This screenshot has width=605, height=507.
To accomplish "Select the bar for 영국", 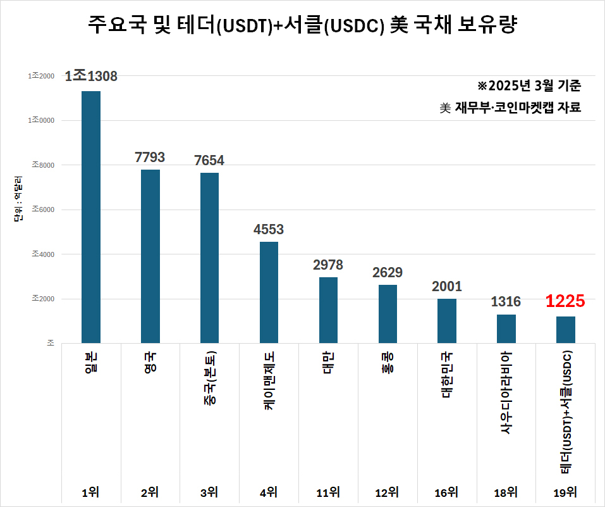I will coord(150,256).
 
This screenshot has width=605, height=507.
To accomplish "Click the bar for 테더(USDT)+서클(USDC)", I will coord(566,330).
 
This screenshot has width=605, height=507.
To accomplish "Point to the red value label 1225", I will coord(566,301).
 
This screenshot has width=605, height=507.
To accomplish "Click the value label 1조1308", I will coord(91,77).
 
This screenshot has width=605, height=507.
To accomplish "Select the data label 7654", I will coord(209,161).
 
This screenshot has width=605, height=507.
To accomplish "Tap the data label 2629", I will coord(388,273).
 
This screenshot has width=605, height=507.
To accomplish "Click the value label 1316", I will coord(506,303).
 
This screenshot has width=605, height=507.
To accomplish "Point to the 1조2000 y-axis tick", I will coord(41,76).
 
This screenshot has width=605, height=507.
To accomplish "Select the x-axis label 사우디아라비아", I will coord(506,392).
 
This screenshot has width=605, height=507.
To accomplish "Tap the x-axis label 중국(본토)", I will coord(209,380).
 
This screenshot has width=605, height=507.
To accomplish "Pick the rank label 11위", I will coord(328,492).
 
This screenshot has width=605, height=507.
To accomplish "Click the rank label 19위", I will coord(566,492).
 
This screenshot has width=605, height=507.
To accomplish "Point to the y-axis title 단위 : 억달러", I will coord(18,199).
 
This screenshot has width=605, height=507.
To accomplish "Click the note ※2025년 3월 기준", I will coord(529,85).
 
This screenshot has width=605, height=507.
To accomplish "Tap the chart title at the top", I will coord(302,27).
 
